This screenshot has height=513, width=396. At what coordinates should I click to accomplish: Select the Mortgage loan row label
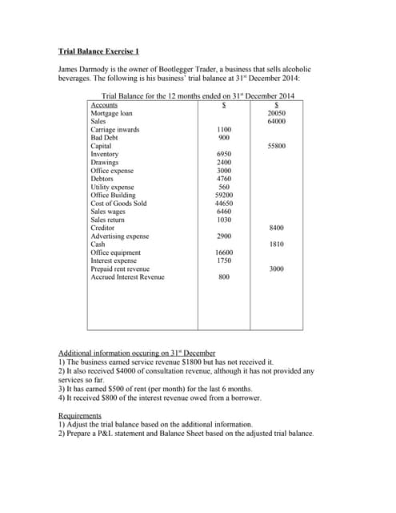pyautogui.click(x=111, y=114)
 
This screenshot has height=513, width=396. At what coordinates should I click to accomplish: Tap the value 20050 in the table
pyautogui.click(x=276, y=114)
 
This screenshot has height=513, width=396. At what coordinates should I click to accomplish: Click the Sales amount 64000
pyautogui.click(x=276, y=122)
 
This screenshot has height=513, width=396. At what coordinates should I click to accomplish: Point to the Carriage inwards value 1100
pyautogui.click(x=224, y=130)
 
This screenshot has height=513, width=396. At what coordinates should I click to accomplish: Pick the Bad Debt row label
pyautogui.click(x=105, y=138)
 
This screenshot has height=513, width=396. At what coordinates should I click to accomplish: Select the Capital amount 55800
pyautogui.click(x=276, y=147)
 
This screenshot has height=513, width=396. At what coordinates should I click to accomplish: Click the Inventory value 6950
pyautogui.click(x=224, y=155)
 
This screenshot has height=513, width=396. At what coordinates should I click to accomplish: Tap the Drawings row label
pyautogui.click(x=106, y=163)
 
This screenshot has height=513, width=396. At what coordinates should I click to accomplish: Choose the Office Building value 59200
pyautogui.click(x=224, y=195)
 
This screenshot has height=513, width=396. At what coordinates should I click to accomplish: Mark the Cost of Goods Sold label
pyautogui.click(x=119, y=204)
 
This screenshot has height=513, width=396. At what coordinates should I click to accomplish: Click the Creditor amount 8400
pyautogui.click(x=276, y=228)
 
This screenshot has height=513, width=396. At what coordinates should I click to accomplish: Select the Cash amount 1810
pyautogui.click(x=276, y=244)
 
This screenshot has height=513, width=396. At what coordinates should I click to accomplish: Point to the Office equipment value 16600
pyautogui.click(x=224, y=252)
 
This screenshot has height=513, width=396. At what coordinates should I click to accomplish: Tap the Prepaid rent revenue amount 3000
pyautogui.click(x=276, y=269)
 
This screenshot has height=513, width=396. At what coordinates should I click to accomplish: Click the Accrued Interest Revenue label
pyautogui.click(x=128, y=277)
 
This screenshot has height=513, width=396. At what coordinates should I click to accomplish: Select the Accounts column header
pyautogui.click(x=105, y=106)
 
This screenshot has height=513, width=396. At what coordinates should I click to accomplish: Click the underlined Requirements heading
pyautogui.click(x=80, y=415)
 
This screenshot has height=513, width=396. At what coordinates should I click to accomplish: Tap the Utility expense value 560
pyautogui.click(x=224, y=187)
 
